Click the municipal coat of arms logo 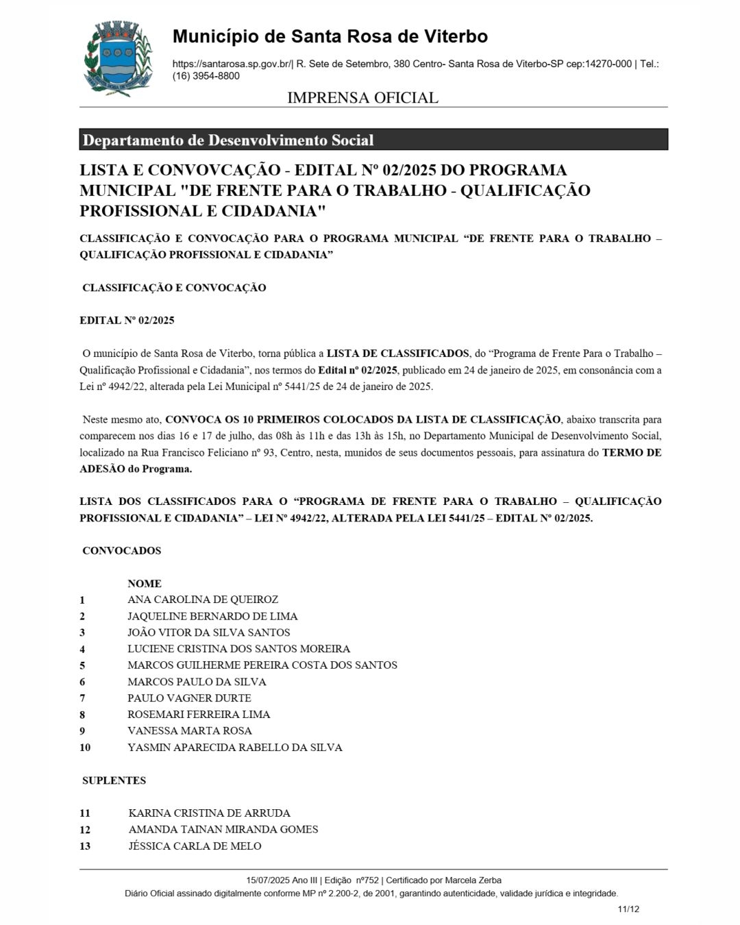[x=117, y=59]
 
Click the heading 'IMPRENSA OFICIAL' [x=362, y=97]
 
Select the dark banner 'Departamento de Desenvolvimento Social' [x=373, y=140]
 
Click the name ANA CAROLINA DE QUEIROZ [x=203, y=600]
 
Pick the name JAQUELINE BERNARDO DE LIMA [x=212, y=616]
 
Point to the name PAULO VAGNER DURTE [x=189, y=698]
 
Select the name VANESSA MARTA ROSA [x=190, y=731]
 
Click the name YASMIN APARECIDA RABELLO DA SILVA [x=235, y=748]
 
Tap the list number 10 [x=85, y=748]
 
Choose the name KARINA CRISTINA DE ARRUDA [x=209, y=813]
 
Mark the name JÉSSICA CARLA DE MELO [x=195, y=846]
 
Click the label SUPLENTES [x=114, y=780]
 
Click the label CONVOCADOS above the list [x=122, y=551]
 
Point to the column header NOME [x=145, y=584]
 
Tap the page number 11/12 [x=628, y=909]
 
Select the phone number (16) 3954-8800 [x=206, y=76]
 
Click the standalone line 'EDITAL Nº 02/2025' [x=127, y=321]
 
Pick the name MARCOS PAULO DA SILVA [x=197, y=682]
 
